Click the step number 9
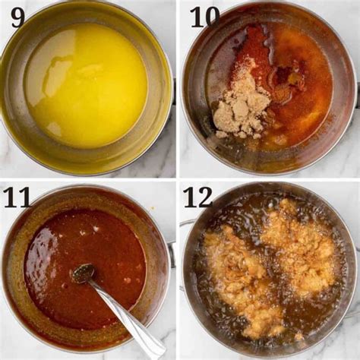tap(17, 17)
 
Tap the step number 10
tap(205, 17)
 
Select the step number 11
tap(17, 198)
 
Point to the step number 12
tap(198, 197)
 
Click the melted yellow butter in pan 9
tap(86, 85)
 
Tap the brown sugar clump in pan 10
tap(241, 112)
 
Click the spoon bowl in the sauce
tap(83, 273)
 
